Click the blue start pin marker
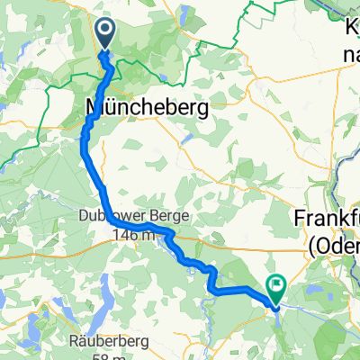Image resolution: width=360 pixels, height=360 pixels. pos(105,35)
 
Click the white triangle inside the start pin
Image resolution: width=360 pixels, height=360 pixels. pos(105,33)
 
